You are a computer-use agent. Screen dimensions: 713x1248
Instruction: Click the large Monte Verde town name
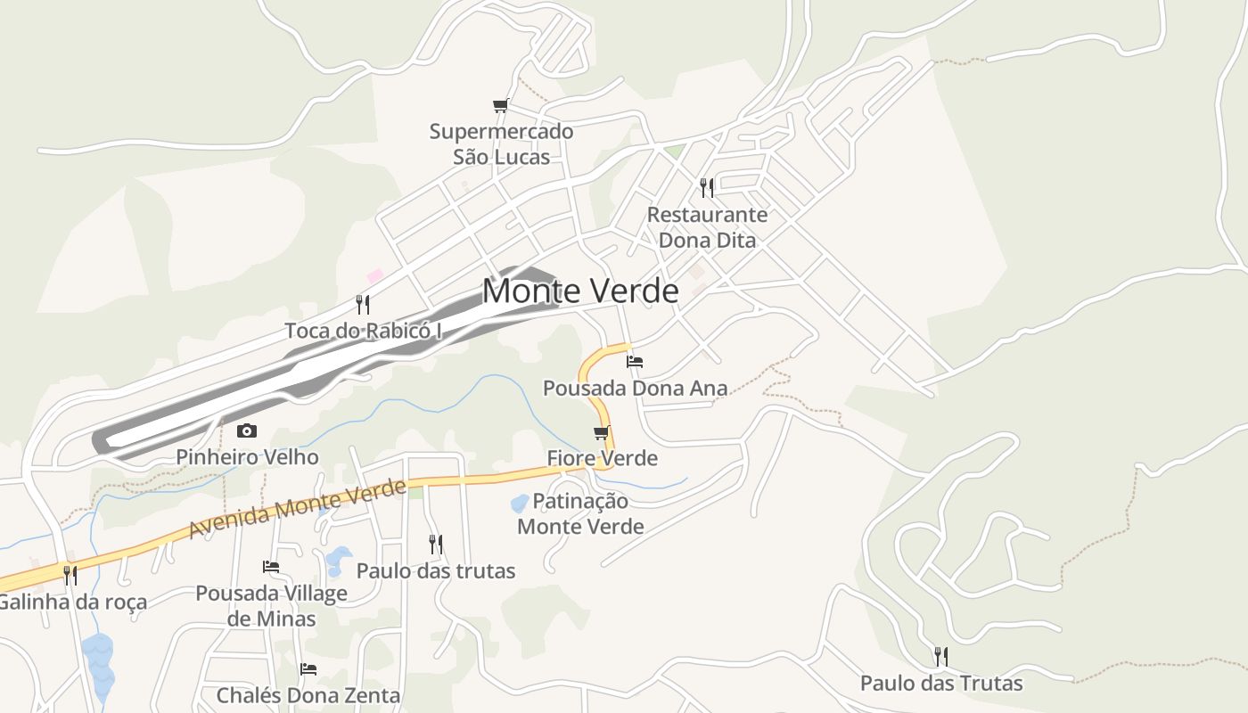click(x=580, y=291)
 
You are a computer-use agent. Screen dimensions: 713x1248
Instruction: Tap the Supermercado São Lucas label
click(x=501, y=143)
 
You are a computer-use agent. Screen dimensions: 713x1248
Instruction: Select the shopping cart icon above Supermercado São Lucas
click(x=501, y=106)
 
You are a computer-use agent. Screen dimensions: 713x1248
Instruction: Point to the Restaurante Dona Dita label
click(x=707, y=227)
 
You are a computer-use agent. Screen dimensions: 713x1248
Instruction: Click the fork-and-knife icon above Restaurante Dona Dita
click(x=707, y=187)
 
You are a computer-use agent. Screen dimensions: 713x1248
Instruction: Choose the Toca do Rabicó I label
click(x=363, y=331)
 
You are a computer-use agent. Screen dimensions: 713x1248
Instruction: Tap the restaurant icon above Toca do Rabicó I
click(x=363, y=305)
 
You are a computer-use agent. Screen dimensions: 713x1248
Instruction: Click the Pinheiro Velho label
click(x=247, y=457)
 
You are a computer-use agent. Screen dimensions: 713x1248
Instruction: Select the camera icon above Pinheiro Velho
click(x=247, y=431)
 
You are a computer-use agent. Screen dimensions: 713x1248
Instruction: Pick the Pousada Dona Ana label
click(x=635, y=389)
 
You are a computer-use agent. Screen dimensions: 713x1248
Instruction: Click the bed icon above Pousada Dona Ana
click(x=635, y=362)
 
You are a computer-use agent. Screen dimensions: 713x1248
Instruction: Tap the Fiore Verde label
click(x=602, y=458)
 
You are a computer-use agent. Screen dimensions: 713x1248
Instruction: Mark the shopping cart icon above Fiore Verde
click(x=602, y=433)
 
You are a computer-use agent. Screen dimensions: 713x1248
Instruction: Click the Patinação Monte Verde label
click(x=580, y=513)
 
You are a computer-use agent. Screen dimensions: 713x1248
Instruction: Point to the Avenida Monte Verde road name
click(x=298, y=509)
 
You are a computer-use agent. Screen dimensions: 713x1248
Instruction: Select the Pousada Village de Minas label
click(x=271, y=606)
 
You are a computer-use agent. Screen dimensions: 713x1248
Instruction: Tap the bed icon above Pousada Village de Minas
click(x=271, y=567)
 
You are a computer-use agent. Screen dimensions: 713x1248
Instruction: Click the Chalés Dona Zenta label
click(x=308, y=695)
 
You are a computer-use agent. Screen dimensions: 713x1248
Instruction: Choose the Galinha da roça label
click(x=71, y=602)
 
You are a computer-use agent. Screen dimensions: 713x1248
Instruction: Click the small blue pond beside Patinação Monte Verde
click(x=520, y=504)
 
